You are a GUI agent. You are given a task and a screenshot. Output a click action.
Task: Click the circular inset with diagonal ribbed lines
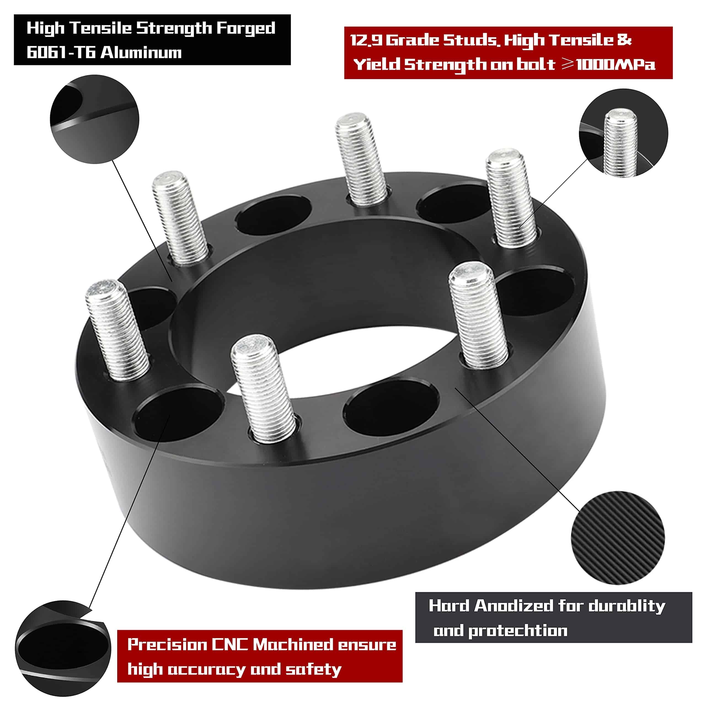617,538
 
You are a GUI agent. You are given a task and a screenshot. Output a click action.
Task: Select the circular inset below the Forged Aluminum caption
95,119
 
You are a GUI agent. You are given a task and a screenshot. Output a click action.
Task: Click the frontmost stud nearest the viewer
264,389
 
